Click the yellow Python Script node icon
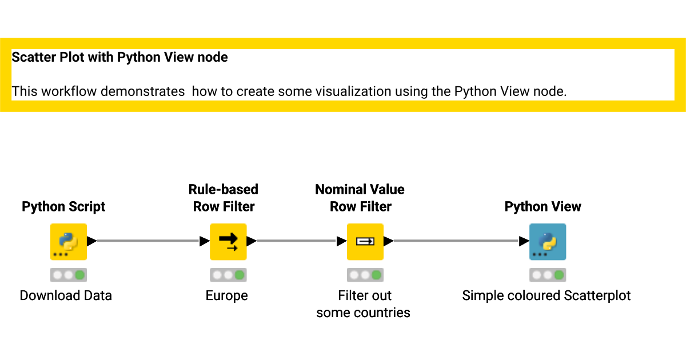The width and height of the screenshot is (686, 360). click(69, 242)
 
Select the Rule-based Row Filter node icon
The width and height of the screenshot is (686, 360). click(228, 242)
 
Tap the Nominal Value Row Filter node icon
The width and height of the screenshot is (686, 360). click(365, 242)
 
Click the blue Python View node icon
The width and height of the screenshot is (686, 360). click(548, 242)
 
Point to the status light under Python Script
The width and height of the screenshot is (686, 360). click(69, 275)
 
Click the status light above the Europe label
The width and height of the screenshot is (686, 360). click(228, 275)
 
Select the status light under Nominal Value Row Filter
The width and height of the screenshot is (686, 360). click(365, 275)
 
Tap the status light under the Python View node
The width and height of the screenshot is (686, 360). click(548, 275)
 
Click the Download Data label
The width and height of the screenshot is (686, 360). click(66, 295)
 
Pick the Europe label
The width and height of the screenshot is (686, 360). click(226, 296)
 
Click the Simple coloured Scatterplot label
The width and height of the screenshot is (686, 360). click(547, 296)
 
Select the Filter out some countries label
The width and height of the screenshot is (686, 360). click(363, 304)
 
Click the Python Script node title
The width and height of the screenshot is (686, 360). click(63, 207)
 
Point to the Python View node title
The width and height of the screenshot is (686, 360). click(543, 207)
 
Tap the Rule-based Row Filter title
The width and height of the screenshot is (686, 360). click(224, 198)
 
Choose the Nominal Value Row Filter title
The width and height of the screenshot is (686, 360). click(360, 198)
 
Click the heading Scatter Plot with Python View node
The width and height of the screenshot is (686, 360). click(119, 57)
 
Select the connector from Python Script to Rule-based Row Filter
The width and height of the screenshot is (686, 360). click(149, 241)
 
